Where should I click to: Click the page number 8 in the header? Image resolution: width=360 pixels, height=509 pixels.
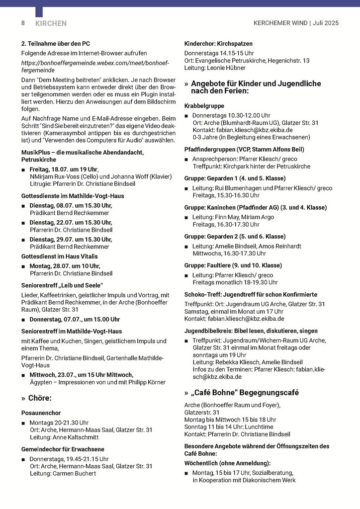pyautogui.click(x=23, y=23)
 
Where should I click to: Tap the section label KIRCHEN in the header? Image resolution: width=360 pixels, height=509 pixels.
pyautogui.click(x=51, y=23)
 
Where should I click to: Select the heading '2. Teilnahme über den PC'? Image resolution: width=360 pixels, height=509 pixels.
pyautogui.click(x=56, y=44)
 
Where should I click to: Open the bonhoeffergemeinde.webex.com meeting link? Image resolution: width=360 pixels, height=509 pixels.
pyautogui.click(x=95, y=67)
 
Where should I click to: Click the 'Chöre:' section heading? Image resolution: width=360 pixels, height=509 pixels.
pyautogui.click(x=40, y=398)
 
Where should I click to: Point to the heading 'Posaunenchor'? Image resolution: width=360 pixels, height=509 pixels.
pyautogui.click(x=41, y=413)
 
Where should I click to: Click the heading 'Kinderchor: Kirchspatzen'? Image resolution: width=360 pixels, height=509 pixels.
pyautogui.click(x=218, y=44)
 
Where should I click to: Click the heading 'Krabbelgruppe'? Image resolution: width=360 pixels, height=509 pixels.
pyautogui.click(x=204, y=106)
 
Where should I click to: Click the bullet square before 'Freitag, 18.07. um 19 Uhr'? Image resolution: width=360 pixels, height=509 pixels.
pyautogui.click(x=23, y=170)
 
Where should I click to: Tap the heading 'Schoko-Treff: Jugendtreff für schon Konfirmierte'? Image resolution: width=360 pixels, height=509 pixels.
pyautogui.click(x=251, y=294)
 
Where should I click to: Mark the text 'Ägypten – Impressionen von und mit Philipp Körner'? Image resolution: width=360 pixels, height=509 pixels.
pyautogui.click(x=97, y=382)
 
